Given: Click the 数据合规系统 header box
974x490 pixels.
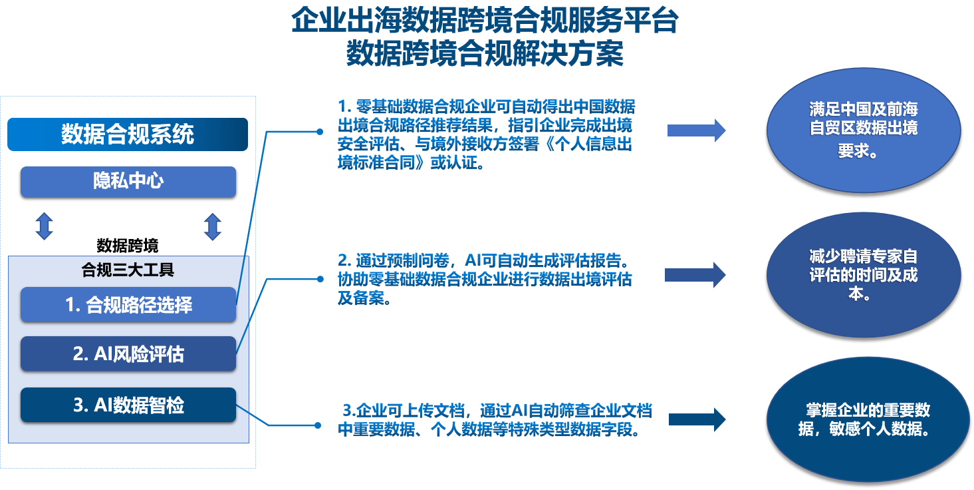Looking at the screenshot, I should pos(128,134).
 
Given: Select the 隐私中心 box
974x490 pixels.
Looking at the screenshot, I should pos(128,182).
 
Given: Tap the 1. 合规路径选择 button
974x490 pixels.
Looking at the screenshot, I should pos(128,305).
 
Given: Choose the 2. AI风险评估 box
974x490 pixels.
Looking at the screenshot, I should pos(128,354).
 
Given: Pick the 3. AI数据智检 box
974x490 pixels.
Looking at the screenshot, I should pos(128,405).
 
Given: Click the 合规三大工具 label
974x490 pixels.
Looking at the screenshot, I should pos(128,270).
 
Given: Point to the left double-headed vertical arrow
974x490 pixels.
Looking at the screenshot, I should pos(44,226).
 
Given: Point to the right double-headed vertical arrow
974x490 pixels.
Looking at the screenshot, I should pos(212,226).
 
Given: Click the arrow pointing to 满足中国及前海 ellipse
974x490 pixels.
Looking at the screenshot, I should pos(696,130).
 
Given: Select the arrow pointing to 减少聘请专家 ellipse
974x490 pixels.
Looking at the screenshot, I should pos(695,274).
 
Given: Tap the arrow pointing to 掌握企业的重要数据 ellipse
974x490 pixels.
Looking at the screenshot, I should pos(697,419).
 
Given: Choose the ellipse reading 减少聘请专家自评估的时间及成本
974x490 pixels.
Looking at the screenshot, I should pos(863,274).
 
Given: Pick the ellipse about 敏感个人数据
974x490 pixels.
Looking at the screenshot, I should pos(863,419).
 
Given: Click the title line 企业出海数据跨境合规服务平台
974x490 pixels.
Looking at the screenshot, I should pos(485,21).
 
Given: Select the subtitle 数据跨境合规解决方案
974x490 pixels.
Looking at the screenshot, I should pos(485,54).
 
